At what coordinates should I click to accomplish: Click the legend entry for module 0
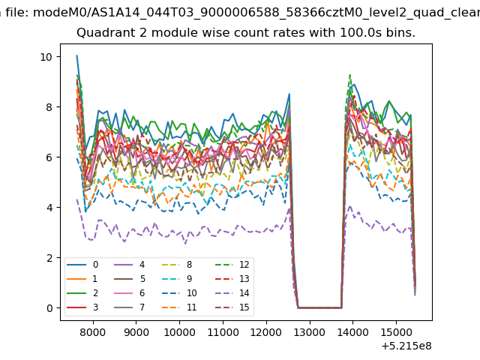coord(82,265)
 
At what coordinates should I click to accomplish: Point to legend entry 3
coord(82,307)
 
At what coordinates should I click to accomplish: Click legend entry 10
coord(178,293)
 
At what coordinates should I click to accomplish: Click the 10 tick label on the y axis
coord(46,57)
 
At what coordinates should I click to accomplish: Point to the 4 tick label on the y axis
coord(49,208)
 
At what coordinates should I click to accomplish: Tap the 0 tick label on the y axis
coord(49,308)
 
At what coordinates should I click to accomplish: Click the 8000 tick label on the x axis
coord(93,332)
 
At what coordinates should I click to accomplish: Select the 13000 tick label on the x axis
coord(310,332)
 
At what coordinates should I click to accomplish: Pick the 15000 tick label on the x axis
coord(396,332)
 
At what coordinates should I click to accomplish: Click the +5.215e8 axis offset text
coord(406,346)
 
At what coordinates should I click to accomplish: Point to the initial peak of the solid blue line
coord(76,55)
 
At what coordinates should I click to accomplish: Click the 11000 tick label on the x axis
coord(223,332)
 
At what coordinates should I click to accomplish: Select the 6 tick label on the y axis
coord(49,157)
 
